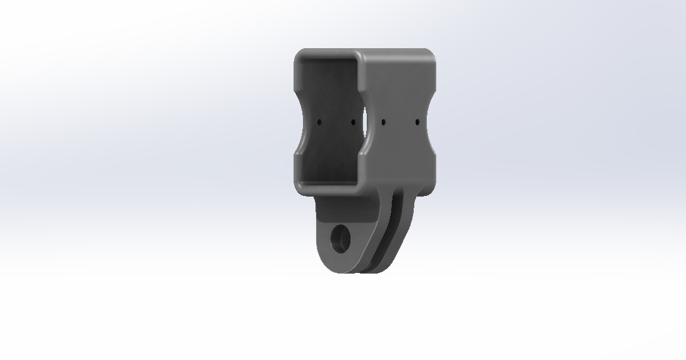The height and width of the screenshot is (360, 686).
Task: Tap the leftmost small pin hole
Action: [x=319, y=123]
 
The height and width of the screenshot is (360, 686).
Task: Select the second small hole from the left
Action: [x=352, y=122]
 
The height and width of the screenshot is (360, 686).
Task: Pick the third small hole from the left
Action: [x=383, y=121]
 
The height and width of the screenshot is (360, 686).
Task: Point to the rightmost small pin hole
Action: [x=417, y=121]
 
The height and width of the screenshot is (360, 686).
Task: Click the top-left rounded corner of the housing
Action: [x=299, y=55]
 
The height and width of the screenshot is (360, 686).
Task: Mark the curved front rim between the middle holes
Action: [x=367, y=122]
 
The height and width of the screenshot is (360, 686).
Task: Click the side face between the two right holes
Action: [x=400, y=121]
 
